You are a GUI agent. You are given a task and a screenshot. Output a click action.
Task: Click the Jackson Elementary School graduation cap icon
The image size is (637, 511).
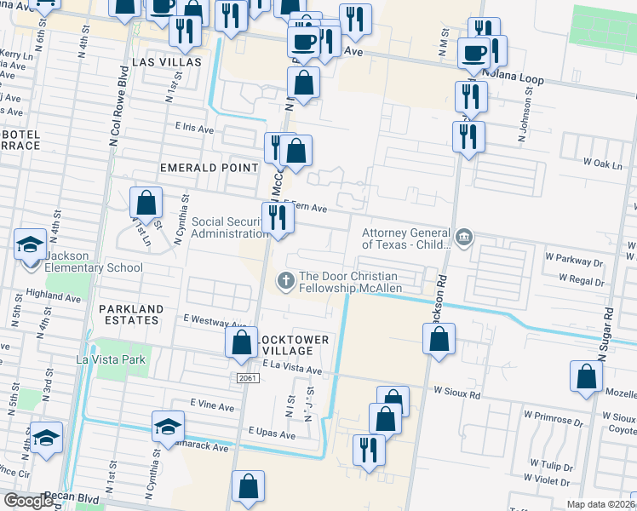tap(30, 245)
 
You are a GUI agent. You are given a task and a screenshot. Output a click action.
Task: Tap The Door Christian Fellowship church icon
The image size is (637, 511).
tap(286, 278)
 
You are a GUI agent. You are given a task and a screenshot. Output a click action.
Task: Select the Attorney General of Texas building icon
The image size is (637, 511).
tap(463, 235)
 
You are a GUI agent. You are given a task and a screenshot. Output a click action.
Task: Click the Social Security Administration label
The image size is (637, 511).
tap(230, 228)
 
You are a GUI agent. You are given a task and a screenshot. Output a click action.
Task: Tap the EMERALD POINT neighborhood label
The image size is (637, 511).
tap(209, 168)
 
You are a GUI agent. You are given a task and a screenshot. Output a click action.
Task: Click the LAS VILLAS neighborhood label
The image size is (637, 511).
tap(167, 63)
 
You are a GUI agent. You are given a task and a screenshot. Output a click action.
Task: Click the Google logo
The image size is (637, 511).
tap(29, 500)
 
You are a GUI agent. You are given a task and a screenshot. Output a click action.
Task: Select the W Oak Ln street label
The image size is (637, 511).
tap(605, 162)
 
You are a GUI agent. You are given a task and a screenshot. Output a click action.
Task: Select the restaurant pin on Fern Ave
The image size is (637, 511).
tap(278, 218)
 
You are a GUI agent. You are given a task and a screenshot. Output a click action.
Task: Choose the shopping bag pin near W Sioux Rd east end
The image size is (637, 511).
tap(587, 376)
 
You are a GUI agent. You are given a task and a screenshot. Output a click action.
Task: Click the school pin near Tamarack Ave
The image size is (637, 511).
tap(169, 426)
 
